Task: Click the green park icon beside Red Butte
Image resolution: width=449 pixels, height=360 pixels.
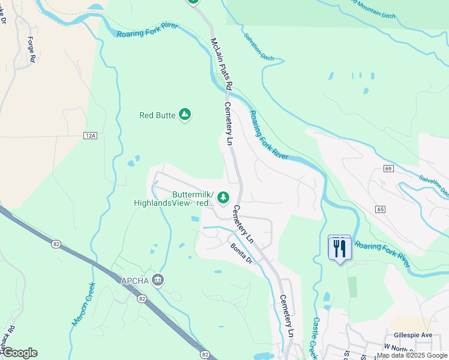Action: tap(185, 114)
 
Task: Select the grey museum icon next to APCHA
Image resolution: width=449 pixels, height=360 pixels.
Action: tap(158, 279)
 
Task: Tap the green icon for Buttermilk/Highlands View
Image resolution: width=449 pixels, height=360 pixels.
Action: tap(223, 197)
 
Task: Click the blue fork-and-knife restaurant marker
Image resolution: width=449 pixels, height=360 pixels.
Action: tap(340, 248)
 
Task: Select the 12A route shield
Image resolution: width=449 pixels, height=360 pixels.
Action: tap(90, 136)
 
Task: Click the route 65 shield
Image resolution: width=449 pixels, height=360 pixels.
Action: tap(381, 209)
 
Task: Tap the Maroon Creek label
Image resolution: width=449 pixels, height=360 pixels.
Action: tap(83, 304)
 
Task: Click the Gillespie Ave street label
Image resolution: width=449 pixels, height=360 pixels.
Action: tap(413, 335)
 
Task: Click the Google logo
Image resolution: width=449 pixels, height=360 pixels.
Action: tap(20, 353)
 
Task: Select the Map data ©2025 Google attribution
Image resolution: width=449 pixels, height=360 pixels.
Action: tap(412, 356)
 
